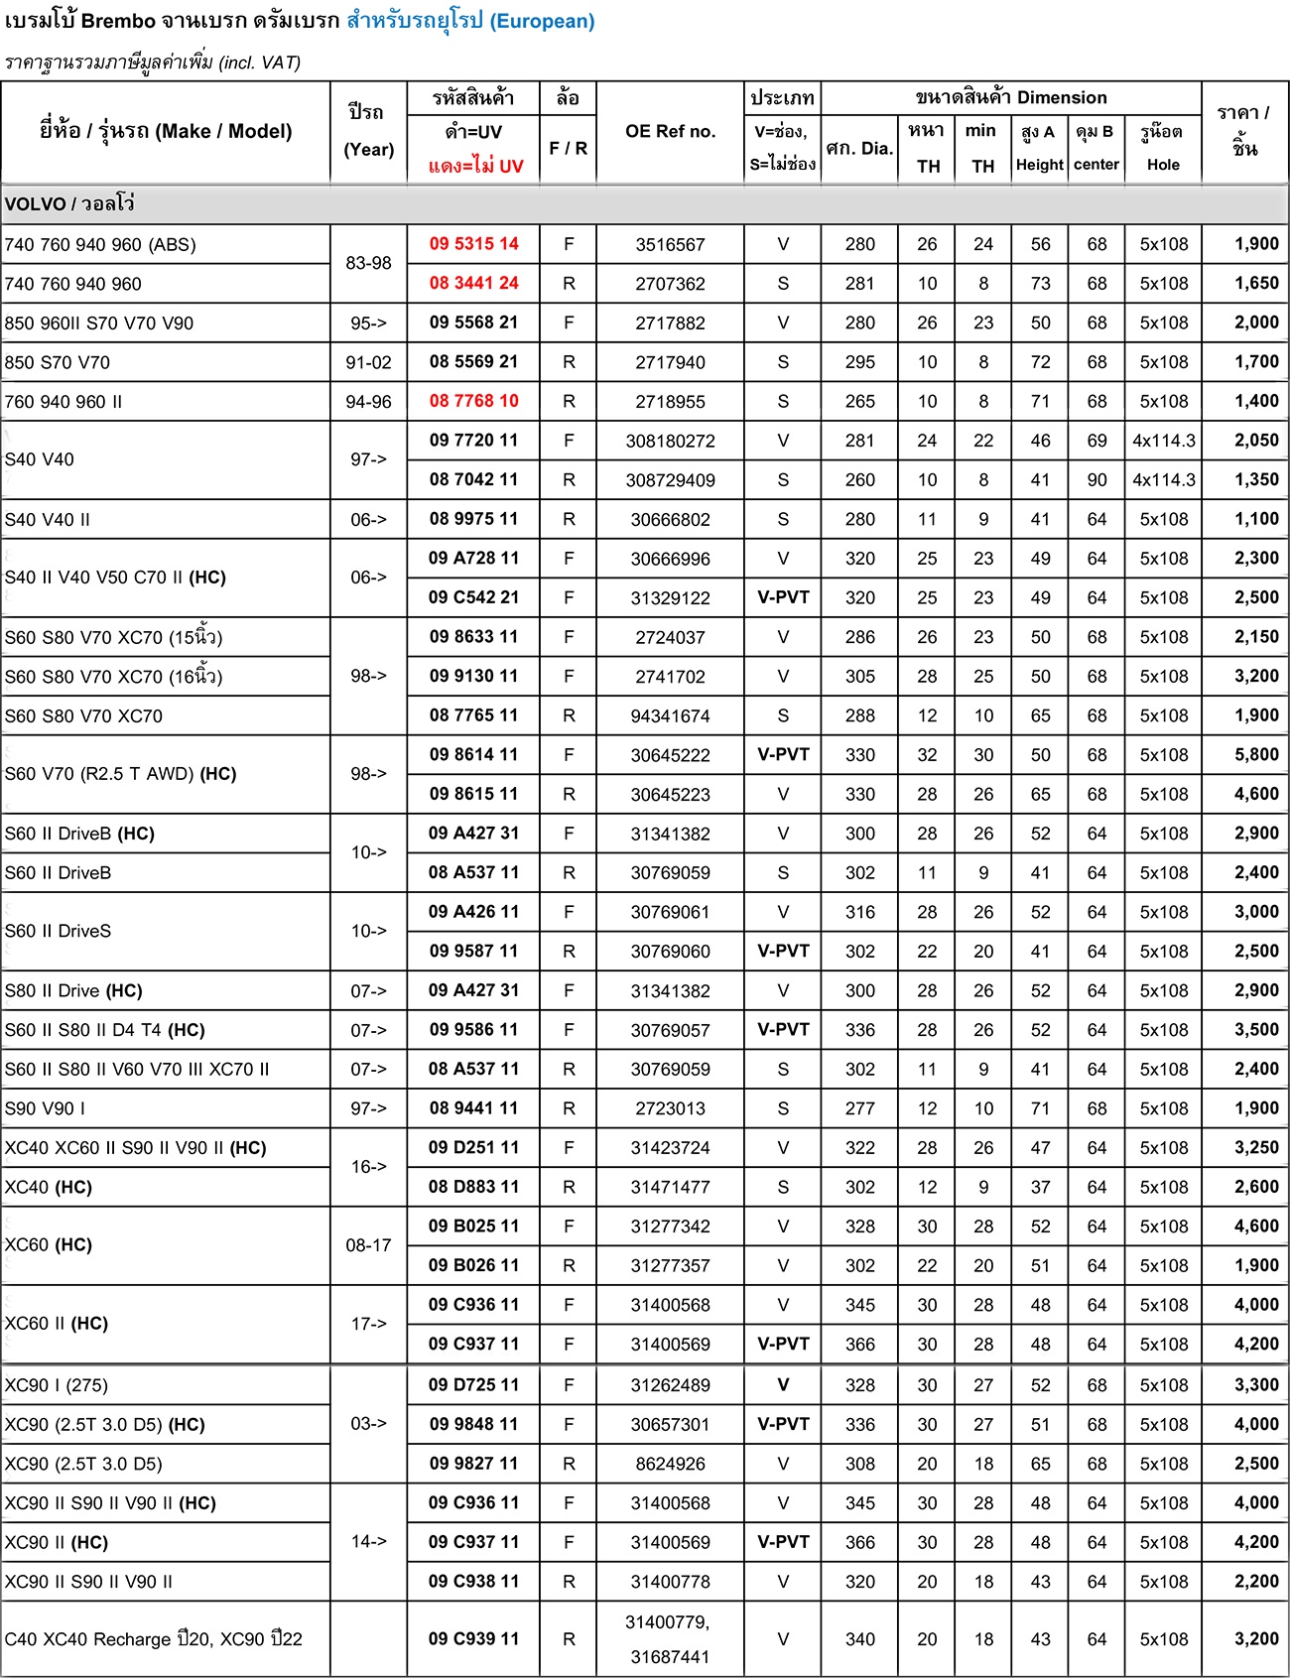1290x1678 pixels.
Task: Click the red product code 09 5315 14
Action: pyautogui.click(x=473, y=244)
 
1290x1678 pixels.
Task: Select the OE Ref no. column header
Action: pyautogui.click(x=670, y=132)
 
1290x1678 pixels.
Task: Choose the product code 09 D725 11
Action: pyautogui.click(x=473, y=1385)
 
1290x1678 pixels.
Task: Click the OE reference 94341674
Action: pyautogui.click(x=670, y=715)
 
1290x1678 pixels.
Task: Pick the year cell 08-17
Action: pyautogui.click(x=368, y=1245)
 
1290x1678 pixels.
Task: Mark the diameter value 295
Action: pyautogui.click(x=859, y=362)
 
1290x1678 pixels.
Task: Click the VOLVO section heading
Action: pyautogui.click(x=69, y=204)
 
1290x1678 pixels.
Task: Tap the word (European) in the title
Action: pyautogui.click(x=542, y=21)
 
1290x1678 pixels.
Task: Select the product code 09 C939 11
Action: pyautogui.click(x=473, y=1639)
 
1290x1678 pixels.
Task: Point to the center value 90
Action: pyautogui.click(x=1096, y=480)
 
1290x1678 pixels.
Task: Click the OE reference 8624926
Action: pyautogui.click(x=670, y=1464)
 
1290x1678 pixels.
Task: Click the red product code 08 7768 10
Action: pyautogui.click(x=473, y=401)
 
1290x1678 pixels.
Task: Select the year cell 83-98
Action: pyautogui.click(x=368, y=264)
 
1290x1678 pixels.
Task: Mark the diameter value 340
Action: pyautogui.click(x=859, y=1639)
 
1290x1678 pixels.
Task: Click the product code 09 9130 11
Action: pyautogui.click(x=473, y=677)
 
